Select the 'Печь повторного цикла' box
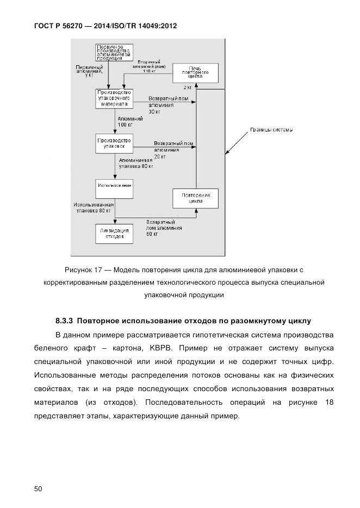(x=195, y=73)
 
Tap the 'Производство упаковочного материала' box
(x=114, y=98)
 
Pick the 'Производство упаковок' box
(x=114, y=143)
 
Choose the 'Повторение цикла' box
(x=195, y=198)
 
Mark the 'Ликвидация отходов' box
(x=114, y=233)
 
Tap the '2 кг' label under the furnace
(x=187, y=87)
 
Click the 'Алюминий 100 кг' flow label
(x=129, y=121)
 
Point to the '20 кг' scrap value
(x=160, y=156)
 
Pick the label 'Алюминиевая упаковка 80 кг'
(x=136, y=164)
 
